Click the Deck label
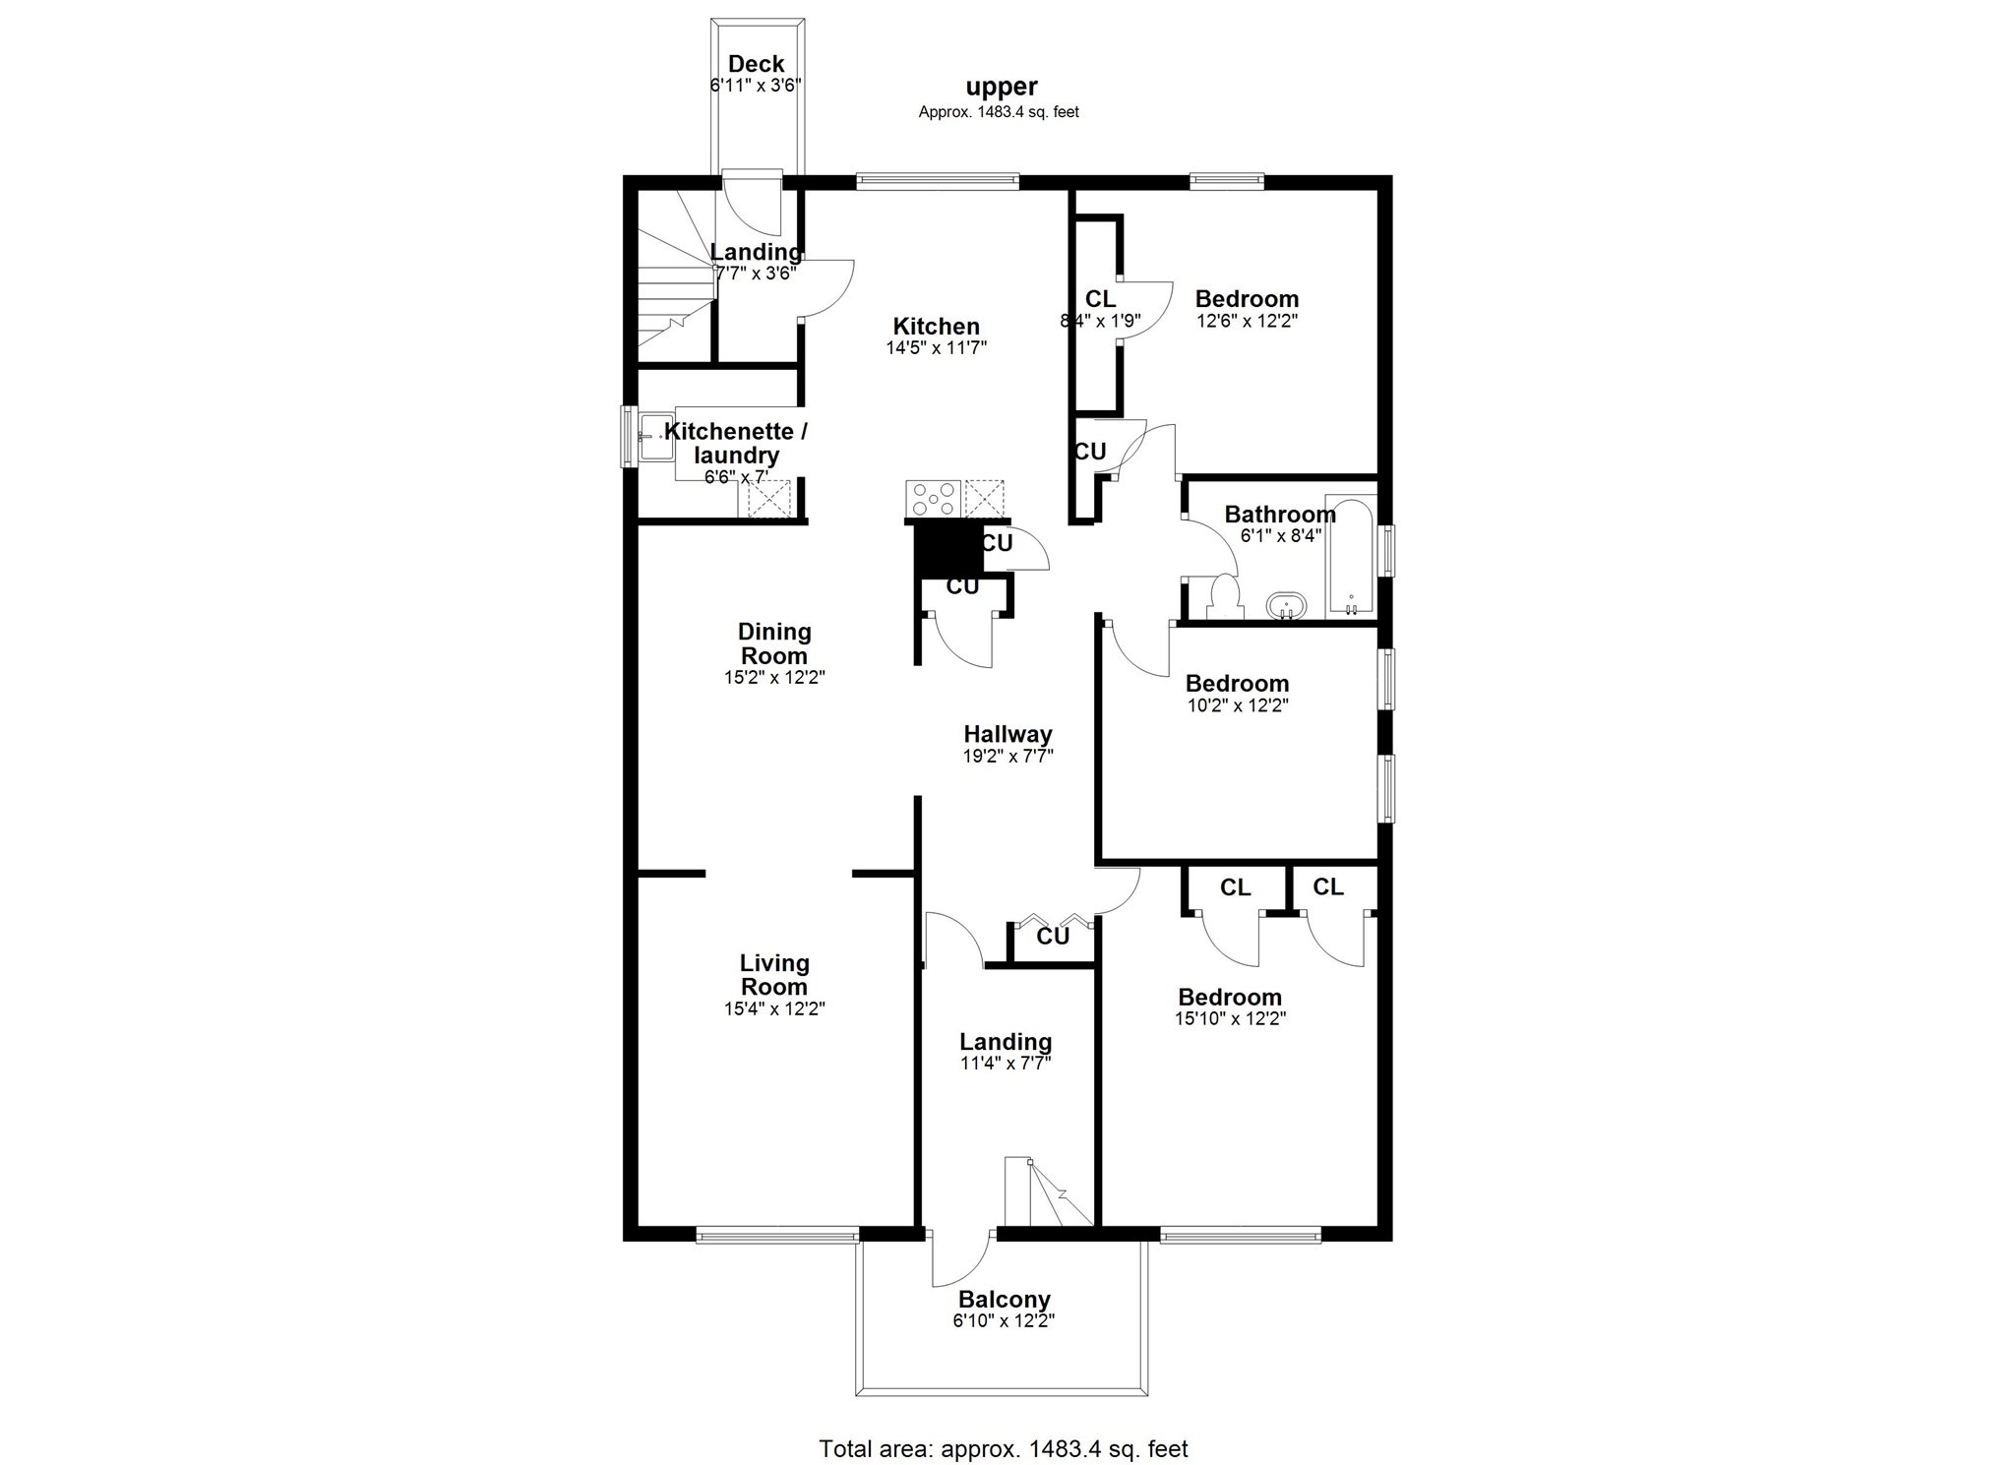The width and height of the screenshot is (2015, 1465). pos(756,64)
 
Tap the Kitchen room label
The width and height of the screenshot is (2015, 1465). pos(936,326)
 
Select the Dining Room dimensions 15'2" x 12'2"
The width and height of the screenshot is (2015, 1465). pos(774,677)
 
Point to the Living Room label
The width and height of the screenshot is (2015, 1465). pos(774,975)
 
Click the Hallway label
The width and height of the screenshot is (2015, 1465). pos(1007,734)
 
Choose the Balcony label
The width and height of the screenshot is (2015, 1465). pos(1005,1300)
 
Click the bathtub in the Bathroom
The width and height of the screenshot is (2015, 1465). pos(1351,558)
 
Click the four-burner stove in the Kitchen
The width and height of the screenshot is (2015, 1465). pos(933,499)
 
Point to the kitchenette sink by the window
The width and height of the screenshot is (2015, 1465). pos(655,435)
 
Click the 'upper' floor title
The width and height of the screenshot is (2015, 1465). pos(1002,88)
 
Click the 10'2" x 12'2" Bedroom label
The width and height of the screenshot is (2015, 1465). pos(1237,683)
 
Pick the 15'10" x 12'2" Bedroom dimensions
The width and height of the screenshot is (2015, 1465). pos(1230,1018)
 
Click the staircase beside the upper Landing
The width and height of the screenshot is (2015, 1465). pos(675,285)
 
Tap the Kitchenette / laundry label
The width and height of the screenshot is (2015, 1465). pos(736,443)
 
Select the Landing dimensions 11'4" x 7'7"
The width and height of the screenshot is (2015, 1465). pos(1006,1063)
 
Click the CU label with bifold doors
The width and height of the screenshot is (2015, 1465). pos(1053,936)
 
